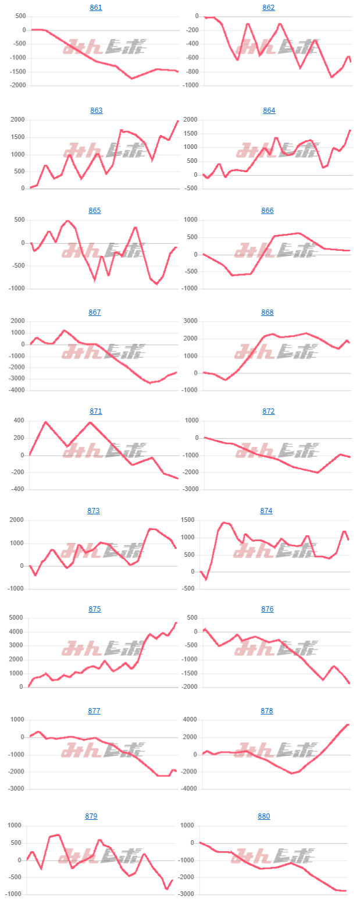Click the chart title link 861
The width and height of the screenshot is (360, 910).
click(96, 8)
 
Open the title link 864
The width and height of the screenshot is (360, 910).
click(269, 111)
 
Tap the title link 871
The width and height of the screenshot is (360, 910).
click(96, 411)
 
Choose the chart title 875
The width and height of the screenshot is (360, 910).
click(95, 609)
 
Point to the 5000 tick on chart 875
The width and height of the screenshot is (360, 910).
click(16, 618)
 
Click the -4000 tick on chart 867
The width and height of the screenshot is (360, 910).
click(15, 390)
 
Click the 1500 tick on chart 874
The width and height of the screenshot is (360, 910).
click(189, 520)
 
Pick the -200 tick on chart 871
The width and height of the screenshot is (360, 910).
click(16, 472)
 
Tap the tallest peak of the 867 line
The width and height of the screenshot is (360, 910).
click(65, 330)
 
